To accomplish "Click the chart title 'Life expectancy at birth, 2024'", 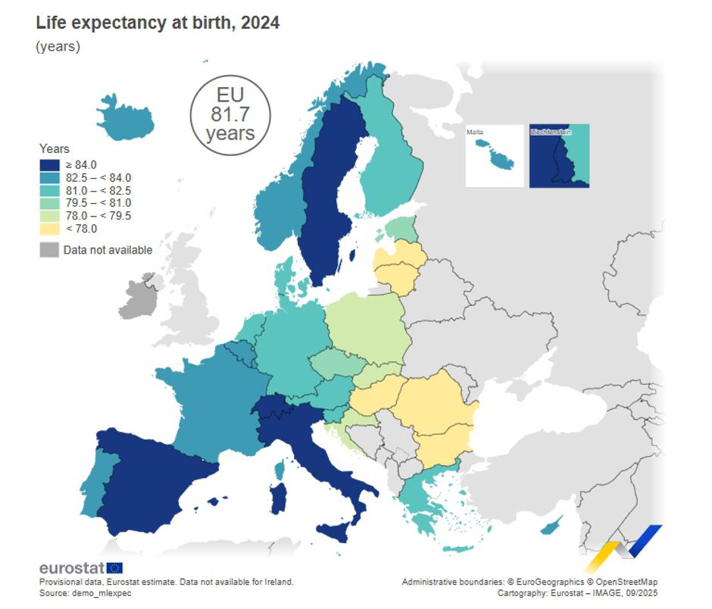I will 158,23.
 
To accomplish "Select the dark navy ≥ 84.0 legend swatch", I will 49,164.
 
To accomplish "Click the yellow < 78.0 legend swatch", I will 49,229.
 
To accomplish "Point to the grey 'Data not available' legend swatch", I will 49,250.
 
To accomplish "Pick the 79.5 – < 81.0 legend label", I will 98,203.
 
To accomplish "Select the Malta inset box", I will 495,156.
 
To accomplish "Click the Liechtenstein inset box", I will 559,156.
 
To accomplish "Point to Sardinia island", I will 279,498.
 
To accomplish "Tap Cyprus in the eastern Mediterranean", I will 551,525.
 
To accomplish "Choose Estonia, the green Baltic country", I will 400,228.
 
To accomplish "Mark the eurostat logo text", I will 72,568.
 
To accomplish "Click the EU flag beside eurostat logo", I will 115,568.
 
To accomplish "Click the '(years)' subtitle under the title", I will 58,47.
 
